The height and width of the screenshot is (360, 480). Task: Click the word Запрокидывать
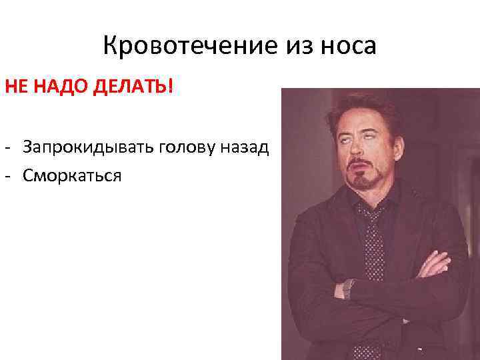[x=87, y=147]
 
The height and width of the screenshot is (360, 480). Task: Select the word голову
[x=191, y=147]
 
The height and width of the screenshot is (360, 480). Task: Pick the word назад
[x=248, y=147]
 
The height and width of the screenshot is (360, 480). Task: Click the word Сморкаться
[x=72, y=176]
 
